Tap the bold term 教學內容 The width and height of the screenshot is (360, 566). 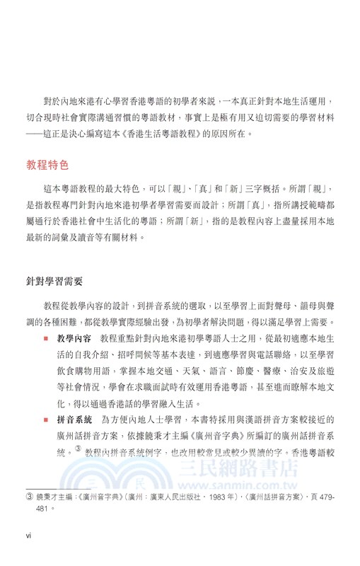[x=75, y=339]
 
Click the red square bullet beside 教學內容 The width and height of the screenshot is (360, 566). [x=46, y=339]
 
